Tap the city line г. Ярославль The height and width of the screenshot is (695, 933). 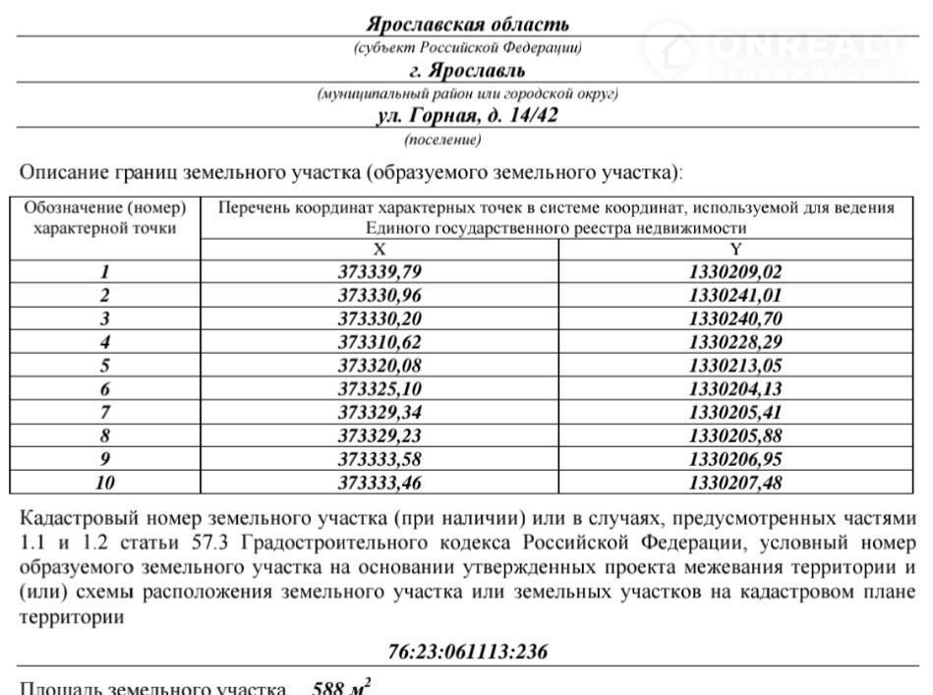point(467,71)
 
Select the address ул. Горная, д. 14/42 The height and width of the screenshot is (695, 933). point(467,116)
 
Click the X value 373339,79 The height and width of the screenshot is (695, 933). point(379,272)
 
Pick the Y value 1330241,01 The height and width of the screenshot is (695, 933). point(735,295)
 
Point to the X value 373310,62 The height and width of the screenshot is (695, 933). point(379,342)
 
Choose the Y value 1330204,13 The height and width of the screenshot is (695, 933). point(735,389)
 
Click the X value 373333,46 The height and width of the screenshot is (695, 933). point(379,483)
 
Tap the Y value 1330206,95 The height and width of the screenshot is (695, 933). point(735,459)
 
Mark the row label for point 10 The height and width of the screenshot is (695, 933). point(105,483)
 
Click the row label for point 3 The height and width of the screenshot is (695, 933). point(105,319)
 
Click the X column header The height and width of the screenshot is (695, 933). point(379,250)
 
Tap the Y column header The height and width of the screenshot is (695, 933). point(735,250)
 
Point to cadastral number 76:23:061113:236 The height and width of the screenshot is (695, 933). point(467,652)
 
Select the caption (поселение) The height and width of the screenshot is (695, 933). point(442,140)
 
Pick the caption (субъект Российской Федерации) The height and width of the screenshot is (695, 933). point(467,47)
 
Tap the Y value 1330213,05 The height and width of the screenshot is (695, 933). point(735,366)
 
